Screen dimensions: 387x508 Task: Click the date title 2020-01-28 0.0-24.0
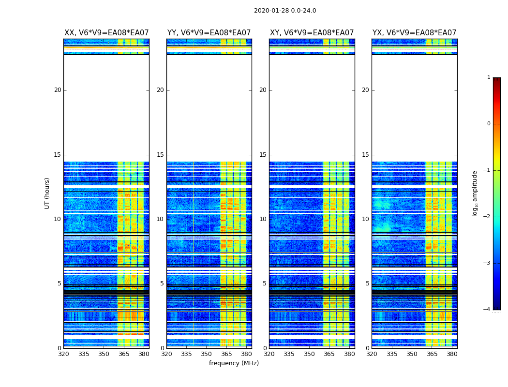point(285,11)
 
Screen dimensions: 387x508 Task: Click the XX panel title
point(106,33)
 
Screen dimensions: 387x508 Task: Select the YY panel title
point(209,33)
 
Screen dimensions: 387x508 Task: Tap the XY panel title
point(312,33)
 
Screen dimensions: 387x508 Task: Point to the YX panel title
point(415,33)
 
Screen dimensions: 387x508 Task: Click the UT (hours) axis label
point(47,193)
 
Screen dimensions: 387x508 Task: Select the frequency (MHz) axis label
point(234,363)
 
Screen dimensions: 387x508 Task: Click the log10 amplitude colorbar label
point(475,193)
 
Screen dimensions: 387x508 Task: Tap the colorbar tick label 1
point(489,77)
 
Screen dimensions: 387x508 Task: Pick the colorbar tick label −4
point(488,310)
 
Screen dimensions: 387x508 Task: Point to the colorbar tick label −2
point(488,217)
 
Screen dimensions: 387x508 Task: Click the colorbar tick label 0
point(489,124)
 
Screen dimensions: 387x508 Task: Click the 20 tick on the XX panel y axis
point(58,90)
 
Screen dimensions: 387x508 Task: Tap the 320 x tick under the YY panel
point(166,354)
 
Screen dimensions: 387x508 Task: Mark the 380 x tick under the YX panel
point(452,354)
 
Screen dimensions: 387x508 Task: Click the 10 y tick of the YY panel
point(160,219)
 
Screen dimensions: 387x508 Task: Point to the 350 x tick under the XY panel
point(309,354)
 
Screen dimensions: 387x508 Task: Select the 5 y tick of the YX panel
point(367,283)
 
